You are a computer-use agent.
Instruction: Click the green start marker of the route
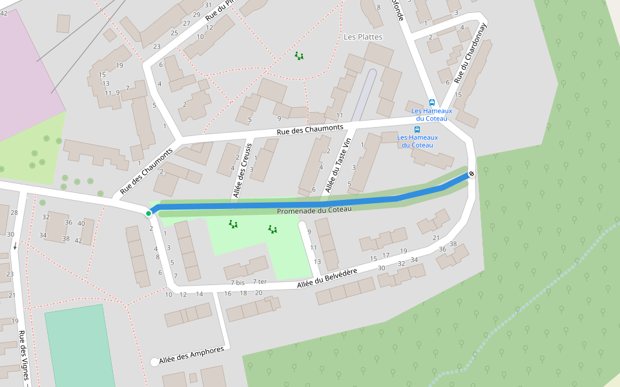click(x=149, y=213)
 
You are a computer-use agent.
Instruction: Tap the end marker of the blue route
click(x=471, y=174)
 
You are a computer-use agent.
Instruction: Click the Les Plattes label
click(x=363, y=37)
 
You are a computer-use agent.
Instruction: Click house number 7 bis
click(x=238, y=283)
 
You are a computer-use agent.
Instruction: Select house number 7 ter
click(x=260, y=281)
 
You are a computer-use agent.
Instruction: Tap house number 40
click(x=81, y=223)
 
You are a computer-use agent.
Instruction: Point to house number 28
click(x=14, y=213)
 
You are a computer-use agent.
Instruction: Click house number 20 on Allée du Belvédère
click(x=258, y=292)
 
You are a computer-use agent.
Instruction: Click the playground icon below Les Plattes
click(x=299, y=56)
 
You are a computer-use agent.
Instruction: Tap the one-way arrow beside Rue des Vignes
click(x=14, y=246)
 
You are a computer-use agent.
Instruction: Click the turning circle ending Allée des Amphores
click(x=154, y=362)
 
